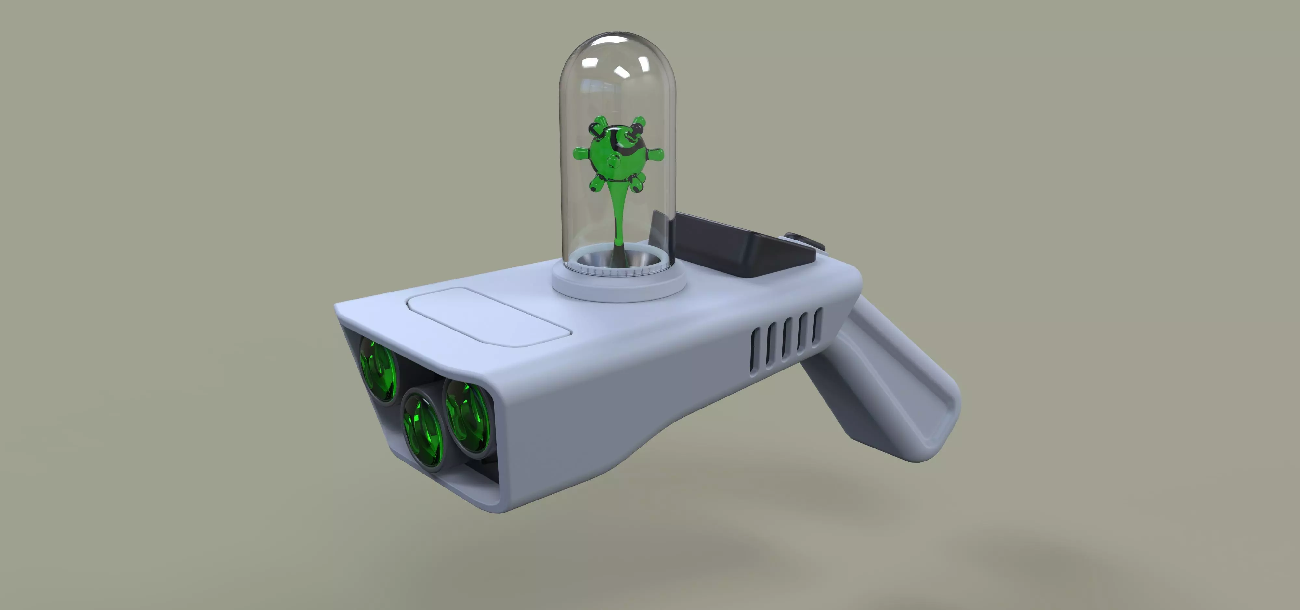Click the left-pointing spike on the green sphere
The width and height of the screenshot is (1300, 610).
pos(580,152)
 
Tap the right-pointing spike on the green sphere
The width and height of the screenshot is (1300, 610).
pos(656,154)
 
